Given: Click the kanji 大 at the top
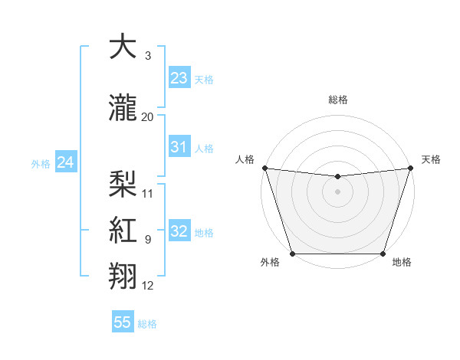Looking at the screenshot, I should [124, 47].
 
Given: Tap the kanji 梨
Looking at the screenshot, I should [124, 183].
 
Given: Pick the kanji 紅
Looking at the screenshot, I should [124, 229].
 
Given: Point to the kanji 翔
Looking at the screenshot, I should [124, 275].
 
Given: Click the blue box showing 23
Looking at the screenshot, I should [179, 78].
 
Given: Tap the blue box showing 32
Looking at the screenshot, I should [179, 231].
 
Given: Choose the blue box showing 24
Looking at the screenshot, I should [65, 162].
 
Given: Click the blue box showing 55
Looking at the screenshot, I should [123, 322].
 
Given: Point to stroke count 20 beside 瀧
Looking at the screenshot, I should [147, 116].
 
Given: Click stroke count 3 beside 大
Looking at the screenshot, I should [147, 56].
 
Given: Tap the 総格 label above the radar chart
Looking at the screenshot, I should [337, 100].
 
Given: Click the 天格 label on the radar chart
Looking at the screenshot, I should [431, 159].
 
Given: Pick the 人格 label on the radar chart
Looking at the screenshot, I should [245, 159].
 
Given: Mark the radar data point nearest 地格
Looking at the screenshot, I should [383, 254].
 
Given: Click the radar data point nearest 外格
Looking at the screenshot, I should [292, 254].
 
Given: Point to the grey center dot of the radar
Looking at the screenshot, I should [337, 191].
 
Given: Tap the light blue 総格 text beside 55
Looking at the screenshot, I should [147, 324].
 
